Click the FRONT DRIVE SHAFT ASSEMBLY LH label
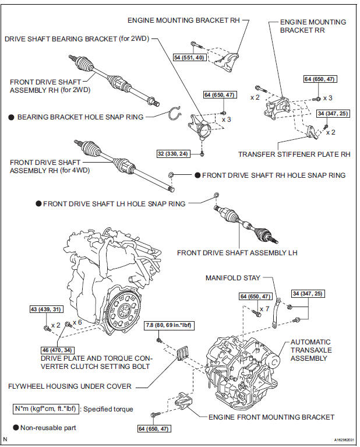click(x=238, y=253)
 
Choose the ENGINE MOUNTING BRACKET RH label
click(x=185, y=20)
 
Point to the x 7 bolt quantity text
click(x=264, y=308)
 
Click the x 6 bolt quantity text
click(x=78, y=322)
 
